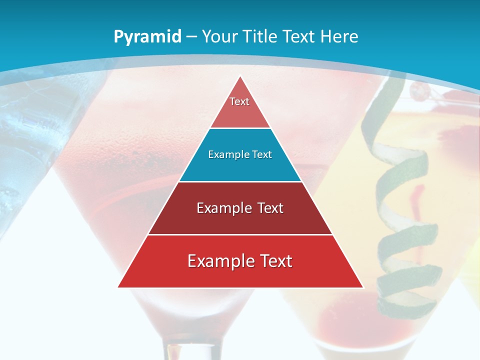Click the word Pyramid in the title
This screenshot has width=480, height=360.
click(147, 37)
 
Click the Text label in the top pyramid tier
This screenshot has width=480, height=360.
click(239, 101)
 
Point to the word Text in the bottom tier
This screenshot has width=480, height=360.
click(274, 261)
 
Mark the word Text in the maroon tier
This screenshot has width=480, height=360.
click(268, 208)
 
